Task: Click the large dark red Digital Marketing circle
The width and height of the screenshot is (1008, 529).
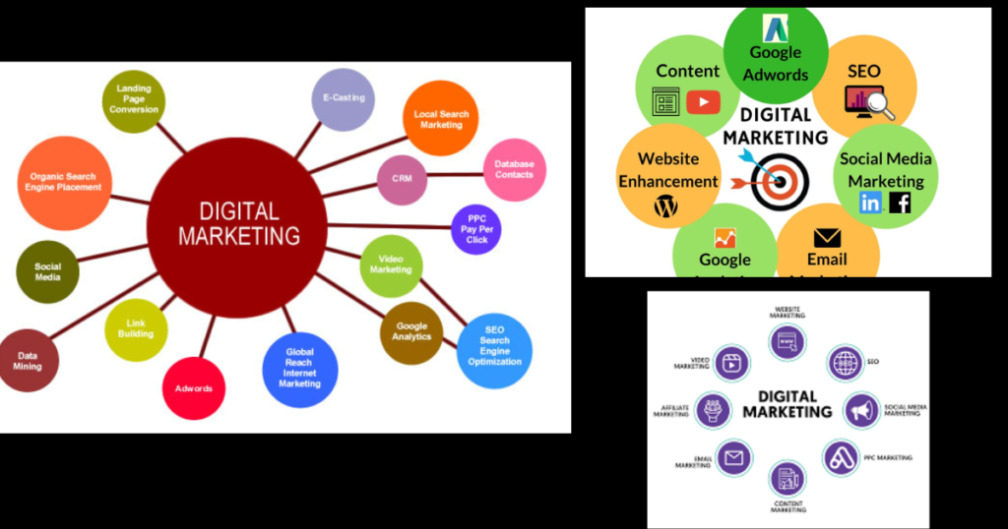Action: coord(236,224)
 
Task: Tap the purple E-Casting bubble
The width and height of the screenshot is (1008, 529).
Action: coord(343,99)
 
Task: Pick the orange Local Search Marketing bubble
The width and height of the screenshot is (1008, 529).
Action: coord(441,119)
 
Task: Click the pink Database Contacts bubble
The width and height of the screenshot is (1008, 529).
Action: coord(514,169)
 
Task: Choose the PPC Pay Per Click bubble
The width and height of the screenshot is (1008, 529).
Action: coord(476,228)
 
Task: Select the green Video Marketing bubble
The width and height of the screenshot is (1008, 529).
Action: coord(391,264)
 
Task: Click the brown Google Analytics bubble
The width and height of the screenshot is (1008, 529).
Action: coord(411,332)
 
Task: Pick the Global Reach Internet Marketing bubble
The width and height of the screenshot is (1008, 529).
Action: coord(300,370)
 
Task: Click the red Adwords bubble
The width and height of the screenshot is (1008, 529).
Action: coord(194,388)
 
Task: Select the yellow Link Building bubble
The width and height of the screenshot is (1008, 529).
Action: coord(136,329)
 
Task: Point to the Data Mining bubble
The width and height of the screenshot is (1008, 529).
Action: coord(29,361)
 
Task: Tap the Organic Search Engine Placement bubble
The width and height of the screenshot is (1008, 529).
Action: coord(65,182)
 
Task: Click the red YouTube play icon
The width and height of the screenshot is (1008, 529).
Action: coord(703,101)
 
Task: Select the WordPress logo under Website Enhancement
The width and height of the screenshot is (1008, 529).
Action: coord(667,206)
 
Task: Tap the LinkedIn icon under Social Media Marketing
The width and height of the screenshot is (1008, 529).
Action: coord(870,203)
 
